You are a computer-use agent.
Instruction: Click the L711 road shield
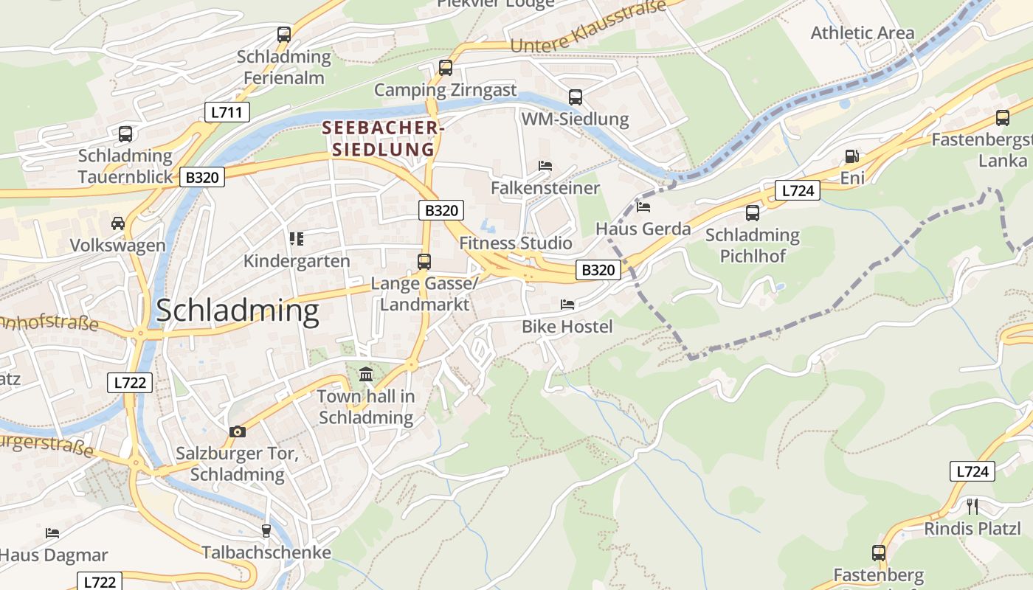pyautogui.click(x=227, y=112)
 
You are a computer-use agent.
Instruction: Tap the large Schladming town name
pyautogui.click(x=237, y=310)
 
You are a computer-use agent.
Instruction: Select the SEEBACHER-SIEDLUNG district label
pyautogui.click(x=383, y=138)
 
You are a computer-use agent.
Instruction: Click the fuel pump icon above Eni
pyautogui.click(x=851, y=156)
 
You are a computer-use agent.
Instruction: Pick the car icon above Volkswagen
pyautogui.click(x=117, y=223)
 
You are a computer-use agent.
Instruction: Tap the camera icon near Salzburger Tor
pyautogui.click(x=237, y=431)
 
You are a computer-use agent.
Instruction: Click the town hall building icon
pyautogui.click(x=366, y=374)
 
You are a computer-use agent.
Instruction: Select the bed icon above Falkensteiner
pyautogui.click(x=545, y=166)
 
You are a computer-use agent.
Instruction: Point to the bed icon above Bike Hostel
pyautogui.click(x=567, y=304)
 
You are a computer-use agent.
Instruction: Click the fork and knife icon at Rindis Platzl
pyautogui.click(x=972, y=506)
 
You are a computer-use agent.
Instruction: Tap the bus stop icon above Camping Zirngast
pyautogui.click(x=445, y=68)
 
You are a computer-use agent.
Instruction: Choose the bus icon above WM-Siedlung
pyautogui.click(x=575, y=97)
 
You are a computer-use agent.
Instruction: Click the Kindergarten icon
pyautogui.click(x=297, y=238)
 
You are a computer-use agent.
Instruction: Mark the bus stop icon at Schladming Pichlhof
pyautogui.click(x=752, y=213)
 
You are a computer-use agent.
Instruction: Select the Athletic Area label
pyautogui.click(x=862, y=33)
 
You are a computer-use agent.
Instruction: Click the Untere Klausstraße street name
pyautogui.click(x=587, y=29)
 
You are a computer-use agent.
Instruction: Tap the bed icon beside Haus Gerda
pyautogui.click(x=643, y=207)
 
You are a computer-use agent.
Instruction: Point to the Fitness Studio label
pyautogui.click(x=515, y=243)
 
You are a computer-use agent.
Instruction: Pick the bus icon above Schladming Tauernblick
pyautogui.click(x=125, y=134)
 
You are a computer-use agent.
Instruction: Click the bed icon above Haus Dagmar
pyautogui.click(x=52, y=532)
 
